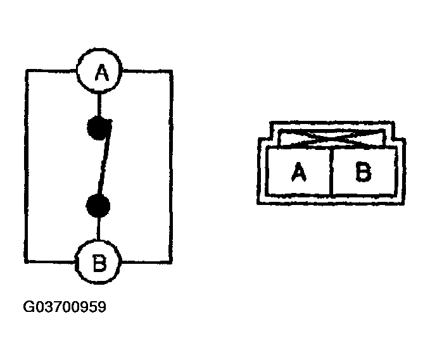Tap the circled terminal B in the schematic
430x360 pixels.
point(98,261)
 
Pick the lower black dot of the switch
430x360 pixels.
point(99,205)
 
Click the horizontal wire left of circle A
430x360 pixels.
point(51,72)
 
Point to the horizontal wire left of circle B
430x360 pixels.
point(51,260)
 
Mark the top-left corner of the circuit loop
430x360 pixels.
point(27,72)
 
